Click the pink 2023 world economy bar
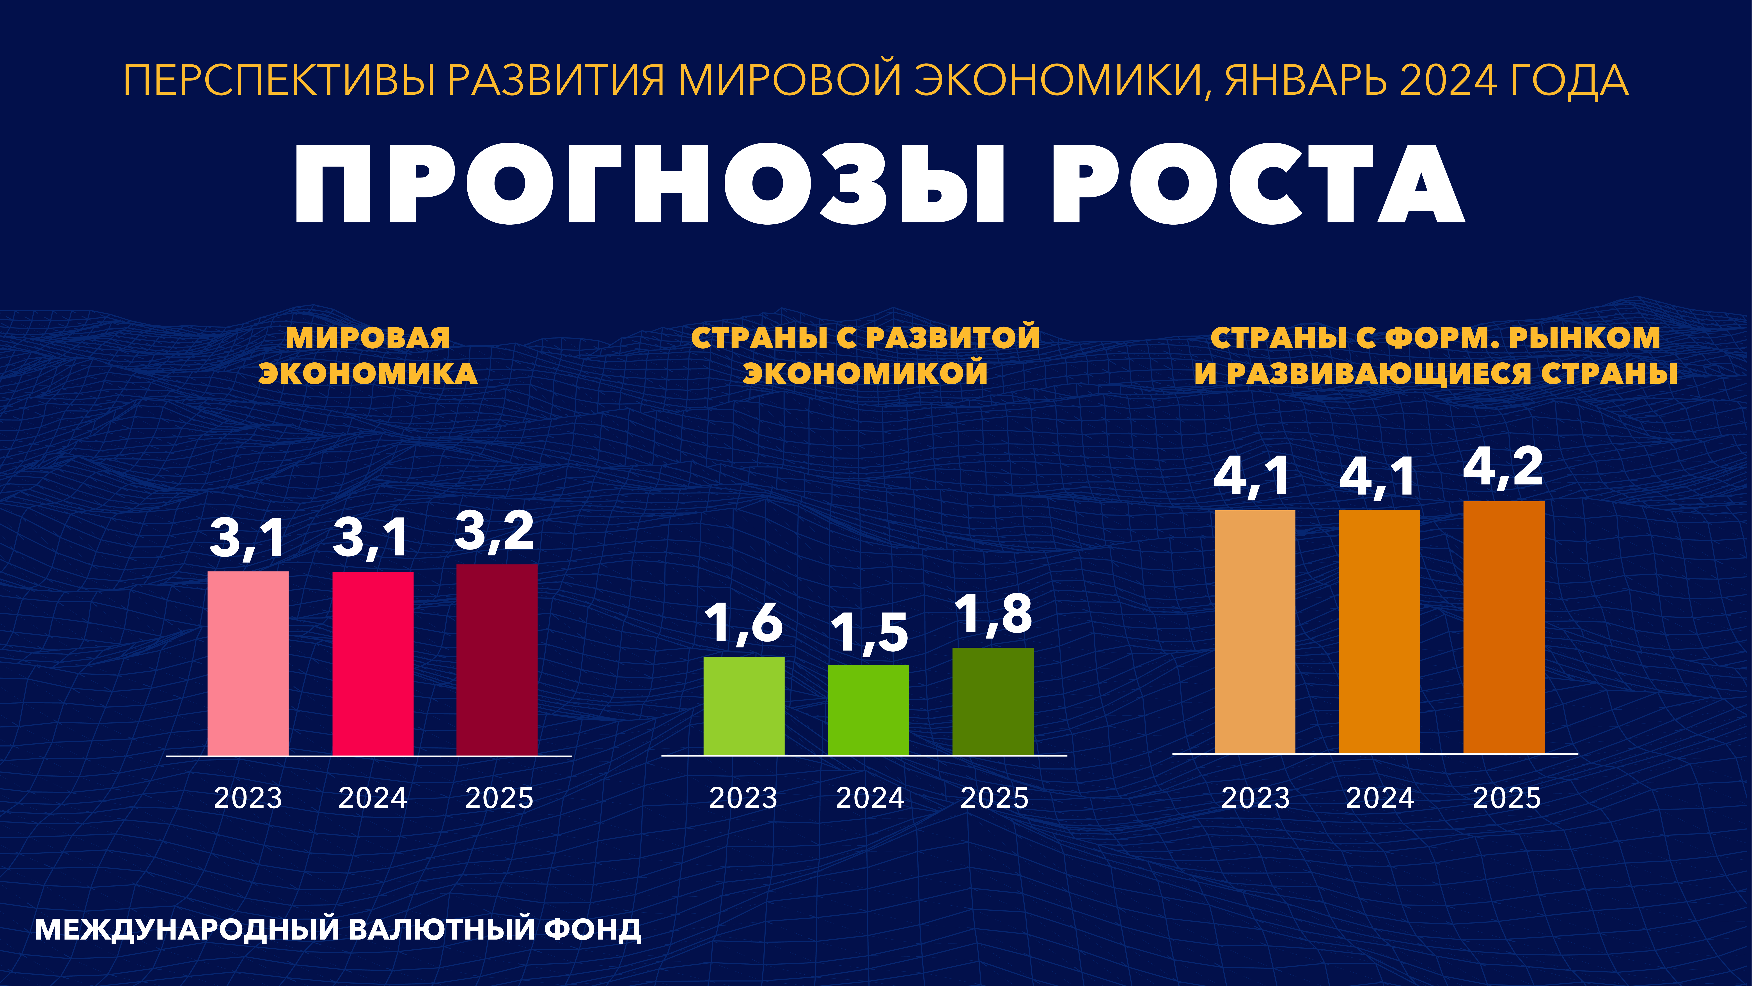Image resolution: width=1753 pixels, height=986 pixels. (x=248, y=663)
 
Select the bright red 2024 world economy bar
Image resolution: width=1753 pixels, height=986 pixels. (x=372, y=663)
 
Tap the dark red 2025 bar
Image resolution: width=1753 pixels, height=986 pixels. (x=497, y=660)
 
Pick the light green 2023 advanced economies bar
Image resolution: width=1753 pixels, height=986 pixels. (x=744, y=706)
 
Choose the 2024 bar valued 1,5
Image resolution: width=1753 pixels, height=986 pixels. (x=868, y=710)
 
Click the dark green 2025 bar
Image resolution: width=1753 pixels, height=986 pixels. (x=993, y=701)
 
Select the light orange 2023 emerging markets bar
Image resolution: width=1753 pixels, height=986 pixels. (x=1255, y=631)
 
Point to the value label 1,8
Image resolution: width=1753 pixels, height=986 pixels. (x=994, y=614)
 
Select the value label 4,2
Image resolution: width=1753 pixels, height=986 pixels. (x=1503, y=468)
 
